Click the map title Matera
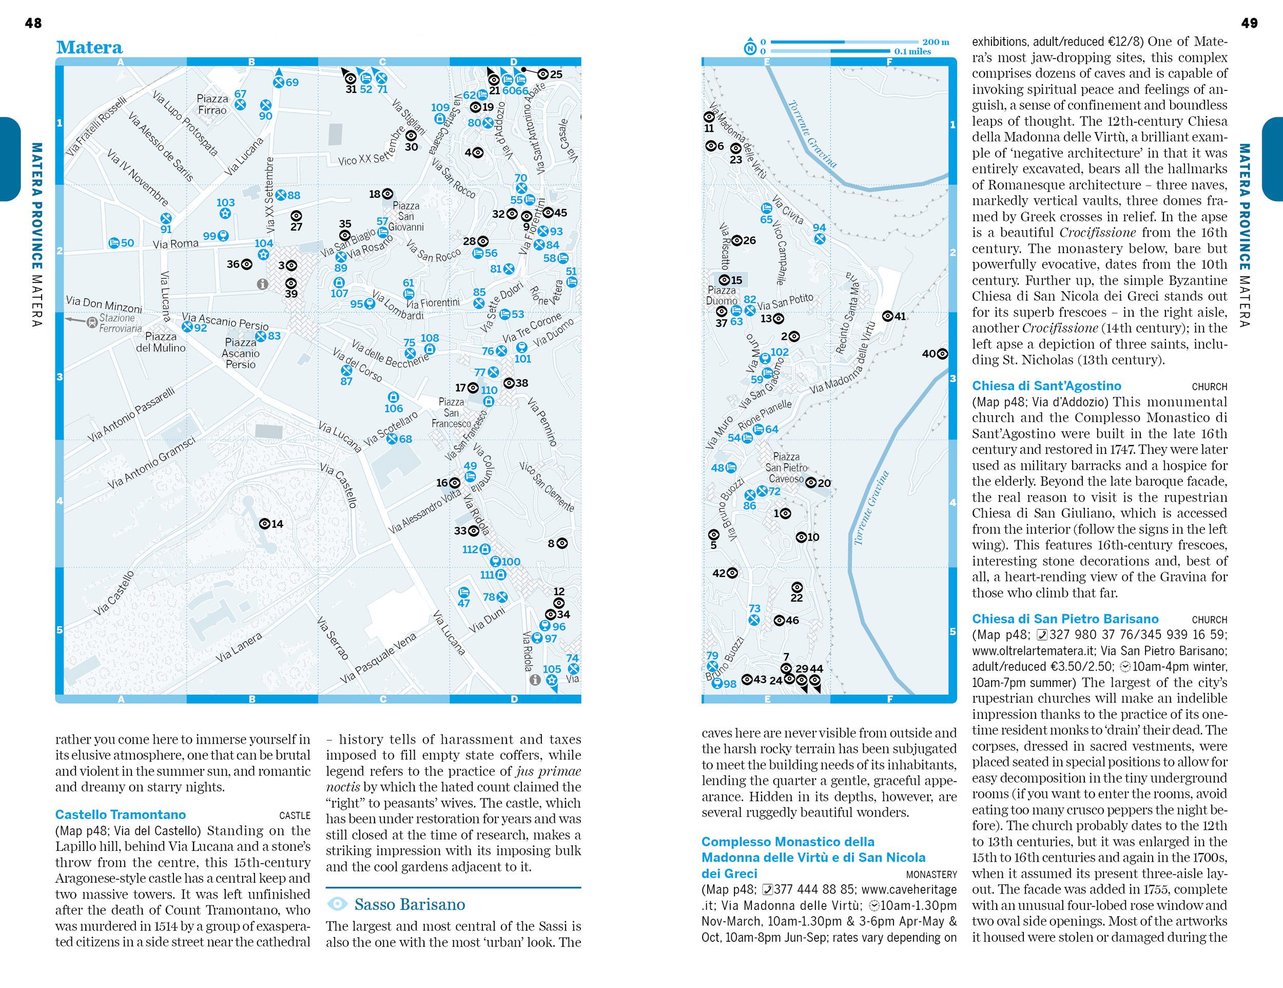[x=89, y=48]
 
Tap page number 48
[x=33, y=23]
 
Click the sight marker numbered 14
[x=265, y=524]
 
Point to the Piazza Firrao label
[x=212, y=104]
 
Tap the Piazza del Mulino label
[x=160, y=342]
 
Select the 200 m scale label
[x=935, y=42]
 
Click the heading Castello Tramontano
[x=120, y=814]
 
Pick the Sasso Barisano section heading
[x=410, y=904]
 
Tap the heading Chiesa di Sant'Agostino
[x=1046, y=386]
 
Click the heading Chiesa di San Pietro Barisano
[x=1065, y=619]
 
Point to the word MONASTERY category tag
[x=931, y=875]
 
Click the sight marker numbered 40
[x=942, y=354]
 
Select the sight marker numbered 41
[x=888, y=316]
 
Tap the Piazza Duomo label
[x=721, y=295]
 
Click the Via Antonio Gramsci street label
[x=151, y=464]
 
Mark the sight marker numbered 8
[x=561, y=544]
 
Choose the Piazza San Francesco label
[x=451, y=412]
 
